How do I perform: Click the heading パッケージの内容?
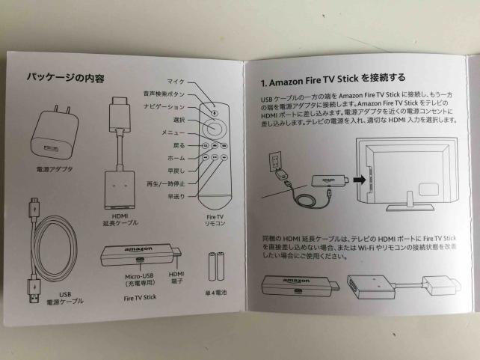(65, 77)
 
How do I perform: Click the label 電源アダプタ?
(55, 169)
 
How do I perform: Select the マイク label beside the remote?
(176, 82)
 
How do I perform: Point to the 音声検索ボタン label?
(164, 94)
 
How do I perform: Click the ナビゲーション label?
(164, 107)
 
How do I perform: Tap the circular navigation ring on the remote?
(214, 126)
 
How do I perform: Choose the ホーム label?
(176, 158)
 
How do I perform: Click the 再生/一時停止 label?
(166, 184)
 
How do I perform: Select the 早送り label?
(176, 196)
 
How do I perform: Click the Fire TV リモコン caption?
(215, 220)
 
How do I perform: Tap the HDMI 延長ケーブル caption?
(120, 220)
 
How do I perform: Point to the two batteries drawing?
(216, 266)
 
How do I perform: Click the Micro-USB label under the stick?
(140, 276)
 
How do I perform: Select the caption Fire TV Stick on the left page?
(140, 297)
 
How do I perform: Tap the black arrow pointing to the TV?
(360, 180)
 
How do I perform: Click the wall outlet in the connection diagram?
(275, 162)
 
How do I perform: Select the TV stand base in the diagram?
(410, 208)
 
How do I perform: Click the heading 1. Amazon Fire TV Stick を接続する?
(333, 79)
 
